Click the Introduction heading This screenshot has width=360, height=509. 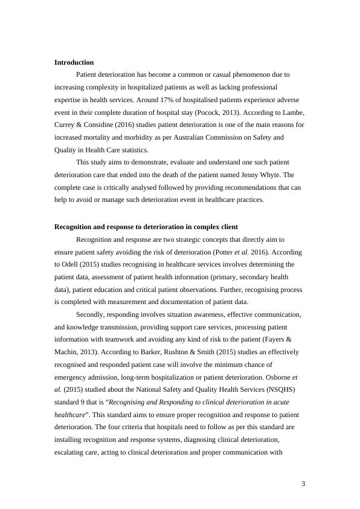[74, 62]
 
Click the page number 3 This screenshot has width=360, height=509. [303, 484]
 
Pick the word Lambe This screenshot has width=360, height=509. [284, 112]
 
